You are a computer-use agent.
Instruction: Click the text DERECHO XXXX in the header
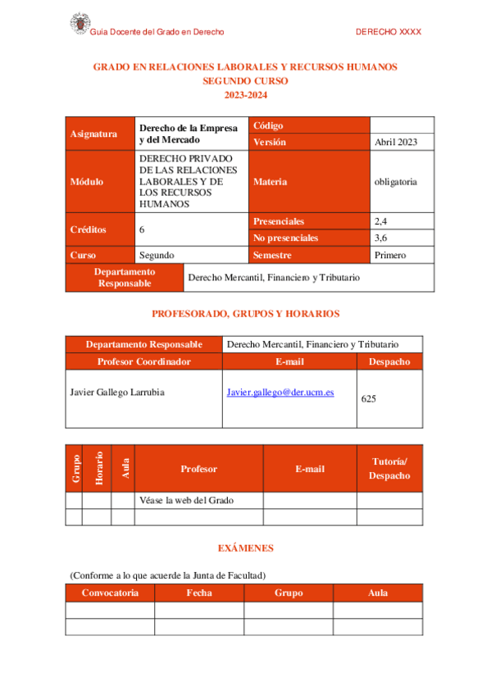click(389, 32)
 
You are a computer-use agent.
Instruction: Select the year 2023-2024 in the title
click(245, 96)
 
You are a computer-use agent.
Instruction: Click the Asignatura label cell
click(94, 134)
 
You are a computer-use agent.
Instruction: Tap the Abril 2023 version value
click(396, 142)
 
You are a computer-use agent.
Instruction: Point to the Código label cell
click(268, 125)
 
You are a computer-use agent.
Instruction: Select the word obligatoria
click(395, 181)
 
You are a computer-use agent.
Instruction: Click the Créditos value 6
click(143, 229)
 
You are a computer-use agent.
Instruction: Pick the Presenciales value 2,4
click(381, 221)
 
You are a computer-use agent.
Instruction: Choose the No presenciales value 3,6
click(381, 238)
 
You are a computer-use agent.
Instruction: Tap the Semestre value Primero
click(390, 255)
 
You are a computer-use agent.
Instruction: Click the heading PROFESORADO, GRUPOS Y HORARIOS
click(246, 314)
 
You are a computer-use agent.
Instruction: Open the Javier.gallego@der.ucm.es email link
click(280, 393)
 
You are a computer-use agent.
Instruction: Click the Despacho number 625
click(368, 399)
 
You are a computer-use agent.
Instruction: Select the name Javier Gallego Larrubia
click(117, 393)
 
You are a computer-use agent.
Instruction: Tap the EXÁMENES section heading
click(245, 547)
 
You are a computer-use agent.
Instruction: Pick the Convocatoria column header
click(110, 593)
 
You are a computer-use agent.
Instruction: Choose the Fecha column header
click(199, 593)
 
